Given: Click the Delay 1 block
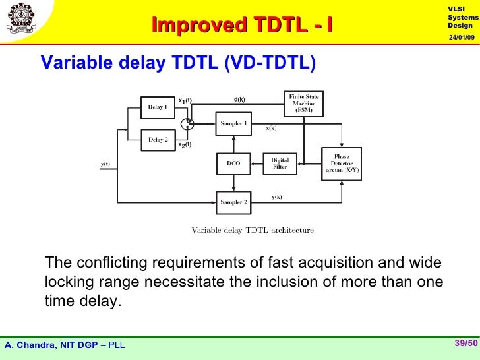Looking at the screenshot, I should pyautogui.click(x=158, y=106).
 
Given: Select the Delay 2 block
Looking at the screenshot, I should pyautogui.click(x=158, y=140).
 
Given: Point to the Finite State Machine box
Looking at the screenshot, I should pyautogui.click(x=303, y=105).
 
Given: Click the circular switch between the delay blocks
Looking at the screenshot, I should pyautogui.click(x=187, y=123).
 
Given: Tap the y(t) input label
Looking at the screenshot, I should pyautogui.click(x=105, y=164).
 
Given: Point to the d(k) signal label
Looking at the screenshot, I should pyautogui.click(x=239, y=100).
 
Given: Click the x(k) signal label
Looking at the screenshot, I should pyautogui.click(x=271, y=129).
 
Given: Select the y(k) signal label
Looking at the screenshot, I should pyautogui.click(x=277, y=196).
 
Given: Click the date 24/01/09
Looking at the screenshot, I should pyautogui.click(x=461, y=38).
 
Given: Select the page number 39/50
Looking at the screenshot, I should pyautogui.click(x=465, y=343).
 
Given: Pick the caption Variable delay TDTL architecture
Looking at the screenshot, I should pyautogui.click(x=253, y=230).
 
